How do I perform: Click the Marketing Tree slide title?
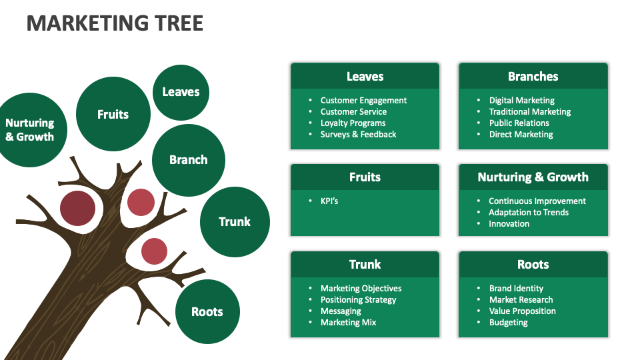coord(115,23)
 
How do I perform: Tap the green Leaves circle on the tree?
coord(181,92)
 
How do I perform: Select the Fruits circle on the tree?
coord(113,114)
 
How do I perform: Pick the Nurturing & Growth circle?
coord(30,130)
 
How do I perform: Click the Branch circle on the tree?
coord(189,160)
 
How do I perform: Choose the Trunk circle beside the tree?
coord(235,222)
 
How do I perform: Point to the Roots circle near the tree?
coord(207,312)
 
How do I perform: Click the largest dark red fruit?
coord(77,207)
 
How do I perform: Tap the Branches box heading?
coord(533,77)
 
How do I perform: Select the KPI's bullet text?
coord(329,201)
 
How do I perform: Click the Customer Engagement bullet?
coord(363,101)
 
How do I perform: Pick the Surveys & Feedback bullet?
coord(358,135)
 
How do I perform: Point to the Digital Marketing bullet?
coord(521,101)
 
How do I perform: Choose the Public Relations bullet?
coord(519,123)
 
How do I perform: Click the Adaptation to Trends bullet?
coord(529,213)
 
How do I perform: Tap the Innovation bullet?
coord(509,224)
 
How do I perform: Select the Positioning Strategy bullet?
coord(358,300)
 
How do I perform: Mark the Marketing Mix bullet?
coord(348,323)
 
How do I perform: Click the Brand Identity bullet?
coord(516,289)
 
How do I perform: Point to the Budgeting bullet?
coord(508,323)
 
